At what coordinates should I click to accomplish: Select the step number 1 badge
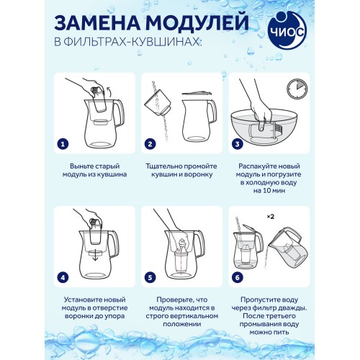[63, 143]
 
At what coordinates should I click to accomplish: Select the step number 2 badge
[150, 143]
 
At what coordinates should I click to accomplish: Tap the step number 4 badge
[63, 276]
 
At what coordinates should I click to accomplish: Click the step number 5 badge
[150, 276]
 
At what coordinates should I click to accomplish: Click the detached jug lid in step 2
[194, 91]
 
